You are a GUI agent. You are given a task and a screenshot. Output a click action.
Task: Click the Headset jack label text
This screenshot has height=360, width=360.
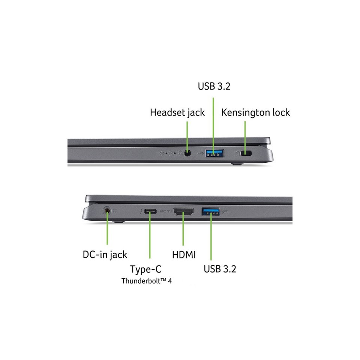(177, 113)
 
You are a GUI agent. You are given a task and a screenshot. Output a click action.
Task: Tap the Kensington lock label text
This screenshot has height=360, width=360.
(255, 113)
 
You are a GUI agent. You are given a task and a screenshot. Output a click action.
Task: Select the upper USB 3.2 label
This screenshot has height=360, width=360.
(214, 86)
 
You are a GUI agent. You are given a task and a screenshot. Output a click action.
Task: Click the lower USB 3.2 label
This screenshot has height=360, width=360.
(220, 269)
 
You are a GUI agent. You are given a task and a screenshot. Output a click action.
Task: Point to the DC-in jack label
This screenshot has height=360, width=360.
(105, 255)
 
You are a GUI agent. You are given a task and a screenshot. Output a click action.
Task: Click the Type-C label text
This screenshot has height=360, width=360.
(145, 269)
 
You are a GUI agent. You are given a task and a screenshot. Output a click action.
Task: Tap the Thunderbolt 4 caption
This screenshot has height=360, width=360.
(147, 281)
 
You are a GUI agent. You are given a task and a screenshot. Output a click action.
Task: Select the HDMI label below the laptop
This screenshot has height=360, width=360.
(184, 255)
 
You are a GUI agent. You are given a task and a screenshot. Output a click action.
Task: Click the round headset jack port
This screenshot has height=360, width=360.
(187, 153)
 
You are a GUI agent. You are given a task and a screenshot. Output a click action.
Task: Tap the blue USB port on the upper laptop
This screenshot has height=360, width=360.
(214, 153)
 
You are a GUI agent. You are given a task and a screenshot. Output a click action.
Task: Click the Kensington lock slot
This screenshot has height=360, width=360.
(246, 153)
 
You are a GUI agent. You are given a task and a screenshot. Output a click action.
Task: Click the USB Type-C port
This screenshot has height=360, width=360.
(150, 211)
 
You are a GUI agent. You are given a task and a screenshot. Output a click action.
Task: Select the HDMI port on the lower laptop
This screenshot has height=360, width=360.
(183, 211)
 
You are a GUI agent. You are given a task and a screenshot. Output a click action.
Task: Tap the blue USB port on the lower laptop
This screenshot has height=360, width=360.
(211, 211)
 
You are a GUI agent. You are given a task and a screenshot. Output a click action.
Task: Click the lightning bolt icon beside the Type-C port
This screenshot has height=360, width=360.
(141, 211)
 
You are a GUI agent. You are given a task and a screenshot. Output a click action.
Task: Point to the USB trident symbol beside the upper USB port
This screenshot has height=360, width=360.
(200, 153)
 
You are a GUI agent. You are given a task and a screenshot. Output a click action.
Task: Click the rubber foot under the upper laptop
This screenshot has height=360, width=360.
(237, 164)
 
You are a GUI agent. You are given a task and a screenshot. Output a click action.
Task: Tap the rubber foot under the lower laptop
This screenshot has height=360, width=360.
(119, 222)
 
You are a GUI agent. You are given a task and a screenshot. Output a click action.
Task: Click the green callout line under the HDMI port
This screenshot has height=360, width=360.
(183, 229)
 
